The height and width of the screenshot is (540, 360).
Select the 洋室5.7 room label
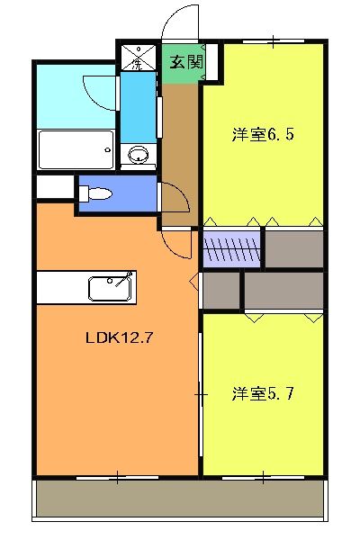(264, 393)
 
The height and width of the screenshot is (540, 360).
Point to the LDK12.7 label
(116, 339)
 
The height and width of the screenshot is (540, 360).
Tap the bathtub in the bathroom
(76, 148)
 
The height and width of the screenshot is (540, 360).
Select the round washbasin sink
(139, 156)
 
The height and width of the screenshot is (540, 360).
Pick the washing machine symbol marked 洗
(138, 59)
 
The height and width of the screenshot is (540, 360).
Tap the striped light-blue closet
(232, 249)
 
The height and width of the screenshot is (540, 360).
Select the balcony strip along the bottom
(180, 499)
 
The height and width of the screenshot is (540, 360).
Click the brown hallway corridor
(179, 153)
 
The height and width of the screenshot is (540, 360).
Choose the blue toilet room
(117, 193)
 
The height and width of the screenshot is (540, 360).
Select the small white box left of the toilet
(55, 187)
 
